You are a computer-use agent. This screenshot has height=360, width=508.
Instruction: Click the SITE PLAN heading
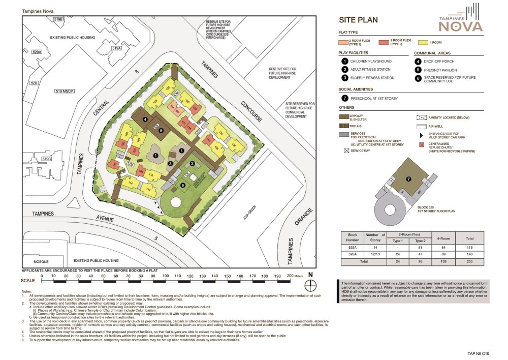click(358, 20)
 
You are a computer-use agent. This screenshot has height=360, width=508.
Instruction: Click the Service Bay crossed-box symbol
click(345, 151)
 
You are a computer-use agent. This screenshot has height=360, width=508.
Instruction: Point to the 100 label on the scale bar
click(165, 276)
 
